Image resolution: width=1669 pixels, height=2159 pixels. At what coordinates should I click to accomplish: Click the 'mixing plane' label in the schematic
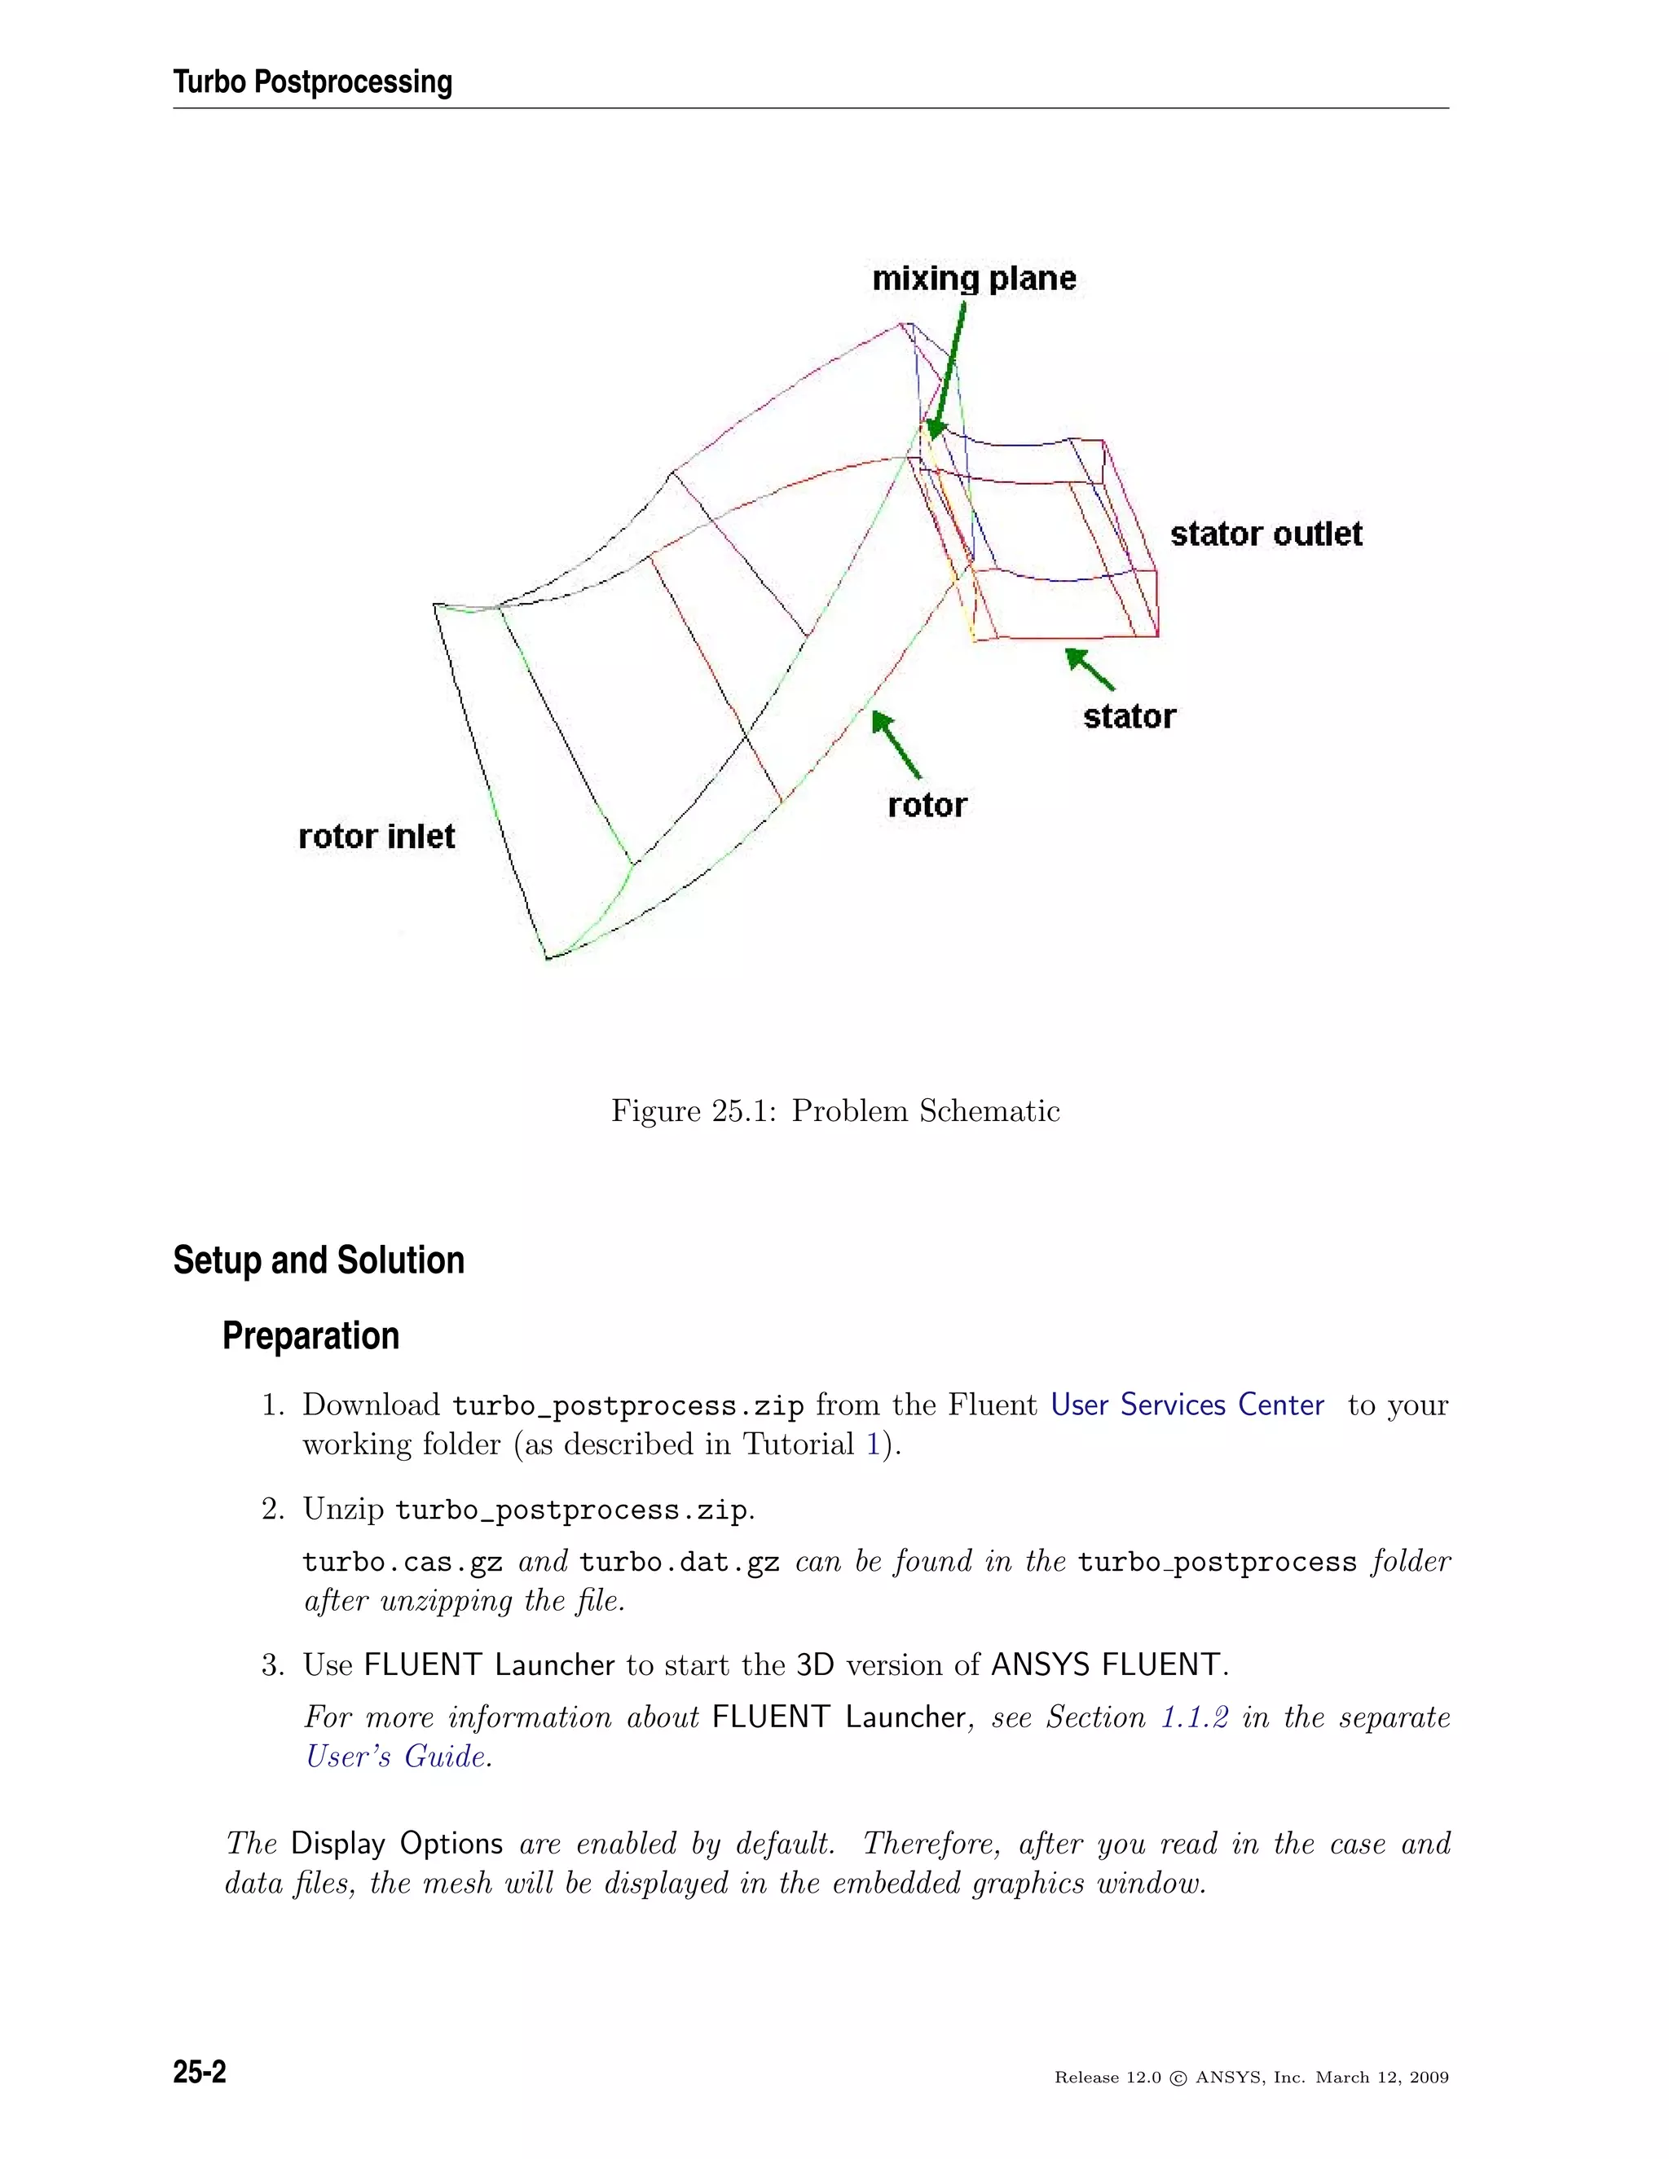click(x=973, y=279)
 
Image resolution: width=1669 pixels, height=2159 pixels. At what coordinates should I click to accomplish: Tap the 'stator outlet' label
click(x=1266, y=534)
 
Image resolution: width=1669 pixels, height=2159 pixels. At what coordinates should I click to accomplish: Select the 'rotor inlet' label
click(x=376, y=838)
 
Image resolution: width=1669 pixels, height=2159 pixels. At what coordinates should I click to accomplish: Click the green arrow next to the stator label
click(x=1090, y=668)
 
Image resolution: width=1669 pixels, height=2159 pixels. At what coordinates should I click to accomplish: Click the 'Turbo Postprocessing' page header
click(x=312, y=82)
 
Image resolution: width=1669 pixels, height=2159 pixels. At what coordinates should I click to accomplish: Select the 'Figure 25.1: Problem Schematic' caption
click(x=834, y=1111)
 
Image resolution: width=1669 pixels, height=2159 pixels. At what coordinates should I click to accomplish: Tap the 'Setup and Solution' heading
click(x=319, y=1260)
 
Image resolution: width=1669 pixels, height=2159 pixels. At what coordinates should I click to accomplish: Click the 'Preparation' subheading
click(x=310, y=1335)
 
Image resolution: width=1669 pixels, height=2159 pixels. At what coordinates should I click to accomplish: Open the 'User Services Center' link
click(x=1187, y=1405)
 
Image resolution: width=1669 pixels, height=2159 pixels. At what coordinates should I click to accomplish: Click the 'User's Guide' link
click(x=395, y=1757)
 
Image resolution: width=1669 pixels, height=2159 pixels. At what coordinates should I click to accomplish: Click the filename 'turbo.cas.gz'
click(x=403, y=1562)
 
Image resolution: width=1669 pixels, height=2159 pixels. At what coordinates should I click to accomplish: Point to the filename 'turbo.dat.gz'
click(x=680, y=1562)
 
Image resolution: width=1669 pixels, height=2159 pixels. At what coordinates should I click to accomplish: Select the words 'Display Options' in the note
click(x=397, y=1844)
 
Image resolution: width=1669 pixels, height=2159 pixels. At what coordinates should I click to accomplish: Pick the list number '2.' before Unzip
click(x=273, y=1510)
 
